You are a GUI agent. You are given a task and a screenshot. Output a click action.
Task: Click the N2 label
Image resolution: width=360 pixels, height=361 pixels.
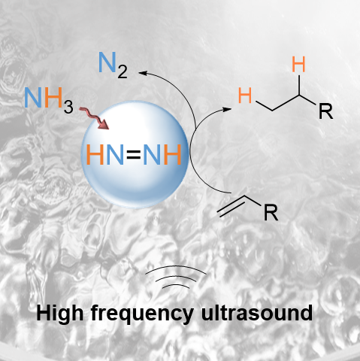113,65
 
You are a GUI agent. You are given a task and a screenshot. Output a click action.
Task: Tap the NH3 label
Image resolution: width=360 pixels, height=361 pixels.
49,99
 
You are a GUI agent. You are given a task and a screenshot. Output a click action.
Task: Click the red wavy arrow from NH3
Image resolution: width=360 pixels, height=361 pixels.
95,118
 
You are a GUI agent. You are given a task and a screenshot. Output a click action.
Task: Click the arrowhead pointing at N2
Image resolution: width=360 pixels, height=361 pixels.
143,73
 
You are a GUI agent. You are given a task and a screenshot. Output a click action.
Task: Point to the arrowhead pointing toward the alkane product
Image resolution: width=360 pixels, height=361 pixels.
227,110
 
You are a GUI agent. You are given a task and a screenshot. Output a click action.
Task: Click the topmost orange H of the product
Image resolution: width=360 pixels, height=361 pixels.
298,65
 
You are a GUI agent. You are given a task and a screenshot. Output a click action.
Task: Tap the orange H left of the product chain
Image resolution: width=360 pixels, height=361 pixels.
245,96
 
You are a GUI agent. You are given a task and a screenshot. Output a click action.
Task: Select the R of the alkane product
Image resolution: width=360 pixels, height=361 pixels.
325,111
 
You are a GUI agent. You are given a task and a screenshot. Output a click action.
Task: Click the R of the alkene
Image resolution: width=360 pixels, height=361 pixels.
271,213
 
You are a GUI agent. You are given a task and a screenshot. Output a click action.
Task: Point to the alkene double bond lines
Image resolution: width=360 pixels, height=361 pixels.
231,206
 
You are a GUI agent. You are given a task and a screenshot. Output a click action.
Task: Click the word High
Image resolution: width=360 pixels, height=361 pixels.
59,314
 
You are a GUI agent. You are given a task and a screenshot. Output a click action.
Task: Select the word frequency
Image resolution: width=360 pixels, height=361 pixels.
142,314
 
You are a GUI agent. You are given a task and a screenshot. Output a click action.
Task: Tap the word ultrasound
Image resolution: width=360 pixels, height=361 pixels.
257,313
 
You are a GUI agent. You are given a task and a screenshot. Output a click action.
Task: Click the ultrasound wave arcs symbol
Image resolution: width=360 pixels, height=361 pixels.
176,277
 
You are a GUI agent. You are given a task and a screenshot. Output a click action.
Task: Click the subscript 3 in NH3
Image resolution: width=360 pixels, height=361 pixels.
68,106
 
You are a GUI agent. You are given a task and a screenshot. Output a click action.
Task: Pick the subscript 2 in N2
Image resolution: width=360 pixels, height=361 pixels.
123,71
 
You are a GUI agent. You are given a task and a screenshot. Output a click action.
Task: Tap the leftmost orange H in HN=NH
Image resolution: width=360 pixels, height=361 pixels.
95,155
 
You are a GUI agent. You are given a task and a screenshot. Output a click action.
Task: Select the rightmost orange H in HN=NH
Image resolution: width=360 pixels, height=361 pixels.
172,155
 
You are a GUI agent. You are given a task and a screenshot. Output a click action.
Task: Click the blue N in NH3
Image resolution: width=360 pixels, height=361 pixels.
33,98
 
